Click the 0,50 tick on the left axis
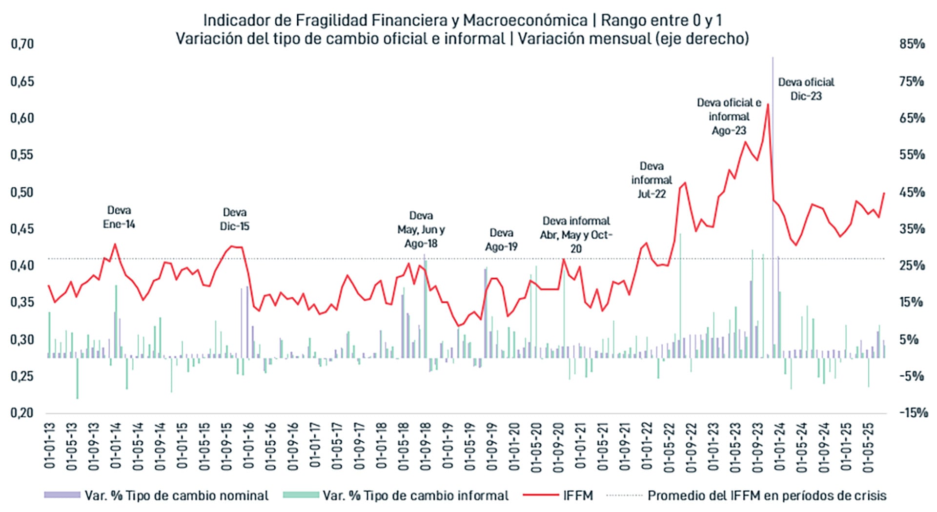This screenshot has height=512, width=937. pos(22,192)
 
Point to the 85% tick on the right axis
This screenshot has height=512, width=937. pos(912,44)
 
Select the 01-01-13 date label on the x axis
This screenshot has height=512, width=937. pos(50,446)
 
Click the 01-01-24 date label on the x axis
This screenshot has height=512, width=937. pos(780,446)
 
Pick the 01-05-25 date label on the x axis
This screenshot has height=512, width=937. pos(868,446)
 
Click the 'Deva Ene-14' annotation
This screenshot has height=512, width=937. pos(119,217)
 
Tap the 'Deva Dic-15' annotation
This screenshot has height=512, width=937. pos(234,219)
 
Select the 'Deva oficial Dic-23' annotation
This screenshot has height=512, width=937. pos(806,89)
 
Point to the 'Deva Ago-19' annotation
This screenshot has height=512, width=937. pos(501,240)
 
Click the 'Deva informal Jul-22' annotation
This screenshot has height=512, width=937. pos(652,180)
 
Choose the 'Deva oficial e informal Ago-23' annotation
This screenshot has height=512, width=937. pos(729,117)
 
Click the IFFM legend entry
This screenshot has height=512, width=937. pos(578,496)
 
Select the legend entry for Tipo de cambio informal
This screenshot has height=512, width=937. pos(415,496)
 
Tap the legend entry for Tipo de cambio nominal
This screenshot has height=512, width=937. pos(176,496)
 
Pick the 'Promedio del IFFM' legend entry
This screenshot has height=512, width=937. pos(766,496)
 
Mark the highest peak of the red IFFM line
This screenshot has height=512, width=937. pos(768,104)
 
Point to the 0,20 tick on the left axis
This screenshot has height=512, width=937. pos(22,413)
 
